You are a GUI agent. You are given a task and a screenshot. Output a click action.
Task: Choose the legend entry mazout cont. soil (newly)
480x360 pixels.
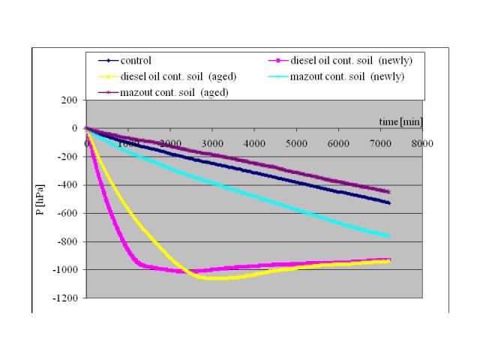click(x=346, y=76)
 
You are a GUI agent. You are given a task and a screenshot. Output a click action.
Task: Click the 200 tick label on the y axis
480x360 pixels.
click(x=69, y=100)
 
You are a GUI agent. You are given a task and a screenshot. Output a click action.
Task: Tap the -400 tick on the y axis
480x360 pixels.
click(x=67, y=185)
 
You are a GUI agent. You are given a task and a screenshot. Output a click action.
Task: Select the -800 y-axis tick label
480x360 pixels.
click(x=67, y=242)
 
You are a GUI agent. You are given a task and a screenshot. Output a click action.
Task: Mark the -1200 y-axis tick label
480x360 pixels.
click(x=65, y=298)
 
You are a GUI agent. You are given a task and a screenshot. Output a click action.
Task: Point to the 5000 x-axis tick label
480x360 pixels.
click(x=297, y=143)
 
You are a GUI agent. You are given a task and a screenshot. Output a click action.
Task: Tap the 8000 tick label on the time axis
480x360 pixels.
click(x=423, y=143)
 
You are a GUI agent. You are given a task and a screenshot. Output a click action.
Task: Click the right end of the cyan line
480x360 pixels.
click(x=389, y=236)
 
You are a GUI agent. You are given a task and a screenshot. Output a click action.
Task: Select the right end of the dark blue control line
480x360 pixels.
click(x=389, y=203)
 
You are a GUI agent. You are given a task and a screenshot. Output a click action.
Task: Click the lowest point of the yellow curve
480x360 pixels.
click(x=217, y=278)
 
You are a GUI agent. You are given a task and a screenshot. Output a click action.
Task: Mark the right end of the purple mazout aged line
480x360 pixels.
click(x=389, y=192)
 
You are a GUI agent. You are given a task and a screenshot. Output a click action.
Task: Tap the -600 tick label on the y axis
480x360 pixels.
click(x=67, y=214)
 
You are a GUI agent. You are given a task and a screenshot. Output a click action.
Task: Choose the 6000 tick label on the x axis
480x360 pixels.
click(x=339, y=143)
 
